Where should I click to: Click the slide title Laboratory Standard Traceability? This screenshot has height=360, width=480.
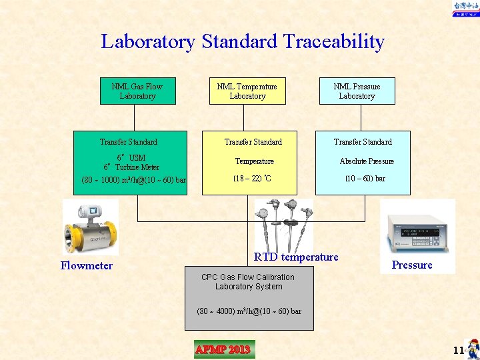pos(243,41)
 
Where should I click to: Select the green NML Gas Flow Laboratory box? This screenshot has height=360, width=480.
pos(137,91)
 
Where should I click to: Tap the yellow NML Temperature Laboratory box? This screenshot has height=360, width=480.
pos(247,91)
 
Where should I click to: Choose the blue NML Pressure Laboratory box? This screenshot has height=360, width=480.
pos(357,91)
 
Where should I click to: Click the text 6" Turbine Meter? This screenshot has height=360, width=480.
pos(131,167)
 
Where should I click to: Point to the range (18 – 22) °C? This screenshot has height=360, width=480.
pos(252,179)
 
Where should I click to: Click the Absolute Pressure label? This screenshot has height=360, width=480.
pos(367,161)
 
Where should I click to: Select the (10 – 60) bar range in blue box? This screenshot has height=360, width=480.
pos(365,179)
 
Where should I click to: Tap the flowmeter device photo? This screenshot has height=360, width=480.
pos(90,227)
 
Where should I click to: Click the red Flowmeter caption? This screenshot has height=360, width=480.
pos(87,265)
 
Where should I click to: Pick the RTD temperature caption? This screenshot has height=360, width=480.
pos(296,257)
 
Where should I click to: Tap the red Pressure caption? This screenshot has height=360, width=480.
pos(412,265)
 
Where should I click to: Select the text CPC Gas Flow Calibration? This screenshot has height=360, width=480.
pos(248,277)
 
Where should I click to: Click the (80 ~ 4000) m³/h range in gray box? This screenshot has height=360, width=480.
pos(249,311)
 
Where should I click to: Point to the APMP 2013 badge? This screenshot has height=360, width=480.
pos(223,349)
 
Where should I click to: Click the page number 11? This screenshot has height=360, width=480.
pos(458,351)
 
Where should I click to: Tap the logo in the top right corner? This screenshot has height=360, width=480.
pos(465,9)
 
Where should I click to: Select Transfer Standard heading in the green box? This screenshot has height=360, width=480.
pos(129,142)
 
